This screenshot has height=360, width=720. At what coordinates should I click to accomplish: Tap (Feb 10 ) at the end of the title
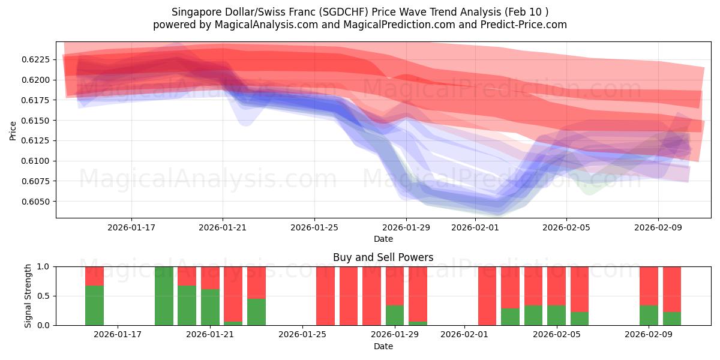pyautogui.click(x=528, y=12)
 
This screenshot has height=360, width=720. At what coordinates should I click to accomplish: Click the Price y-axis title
pyautogui.click(x=13, y=130)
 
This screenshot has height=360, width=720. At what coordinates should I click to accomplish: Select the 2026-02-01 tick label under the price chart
pyautogui.click(x=475, y=227)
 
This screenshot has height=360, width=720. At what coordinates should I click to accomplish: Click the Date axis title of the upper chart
pyautogui.click(x=383, y=239)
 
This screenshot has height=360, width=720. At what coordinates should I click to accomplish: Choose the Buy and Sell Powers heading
pyautogui.click(x=383, y=257)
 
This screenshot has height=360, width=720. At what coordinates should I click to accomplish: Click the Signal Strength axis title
pyautogui.click(x=28, y=295)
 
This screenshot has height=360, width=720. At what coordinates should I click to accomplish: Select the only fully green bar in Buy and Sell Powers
pyautogui.click(x=164, y=296)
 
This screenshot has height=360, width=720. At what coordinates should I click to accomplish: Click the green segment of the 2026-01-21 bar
pyautogui.click(x=210, y=307)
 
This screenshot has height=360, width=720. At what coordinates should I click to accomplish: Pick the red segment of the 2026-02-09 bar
pyautogui.click(x=649, y=286)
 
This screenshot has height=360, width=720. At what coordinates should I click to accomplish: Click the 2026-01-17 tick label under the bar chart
pyautogui.click(x=118, y=335)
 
